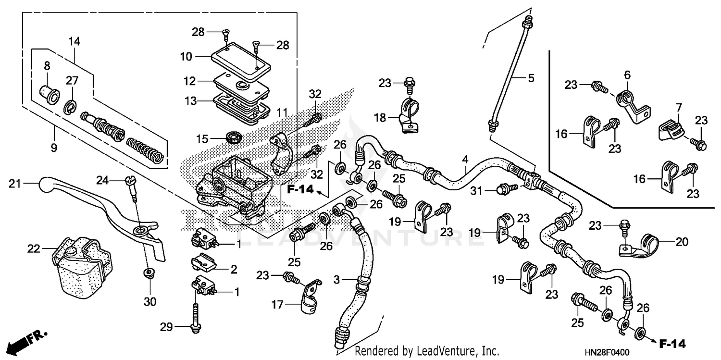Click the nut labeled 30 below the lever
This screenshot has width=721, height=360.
click(149, 273)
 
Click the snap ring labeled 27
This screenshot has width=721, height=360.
click(70, 106)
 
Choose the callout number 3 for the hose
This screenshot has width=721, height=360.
click(336, 279)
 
